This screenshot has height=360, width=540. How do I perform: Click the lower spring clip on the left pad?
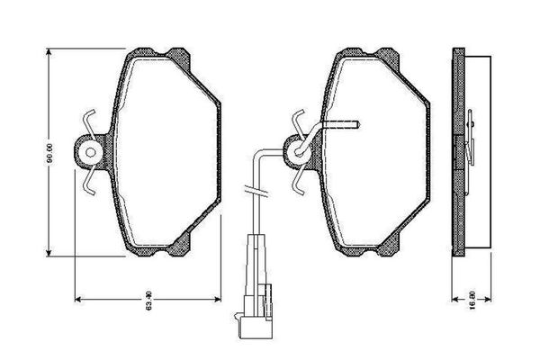click(90, 184)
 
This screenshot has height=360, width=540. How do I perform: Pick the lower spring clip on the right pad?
click(301, 184)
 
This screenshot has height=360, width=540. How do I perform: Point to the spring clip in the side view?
click(472, 135)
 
